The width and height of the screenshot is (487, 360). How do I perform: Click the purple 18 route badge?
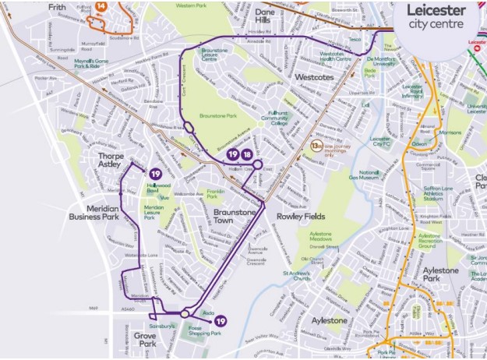click(247, 155)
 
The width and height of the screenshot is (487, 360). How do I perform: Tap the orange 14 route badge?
click(101, 5)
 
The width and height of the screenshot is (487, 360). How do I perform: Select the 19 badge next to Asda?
click(221, 321)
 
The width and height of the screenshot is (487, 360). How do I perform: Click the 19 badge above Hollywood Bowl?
click(156, 174)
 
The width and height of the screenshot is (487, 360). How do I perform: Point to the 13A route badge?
click(316, 146)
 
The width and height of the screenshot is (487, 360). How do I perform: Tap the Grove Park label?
click(145, 340)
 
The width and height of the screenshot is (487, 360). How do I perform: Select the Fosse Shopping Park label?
click(206, 330)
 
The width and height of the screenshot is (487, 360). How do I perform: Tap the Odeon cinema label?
click(420, 143)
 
